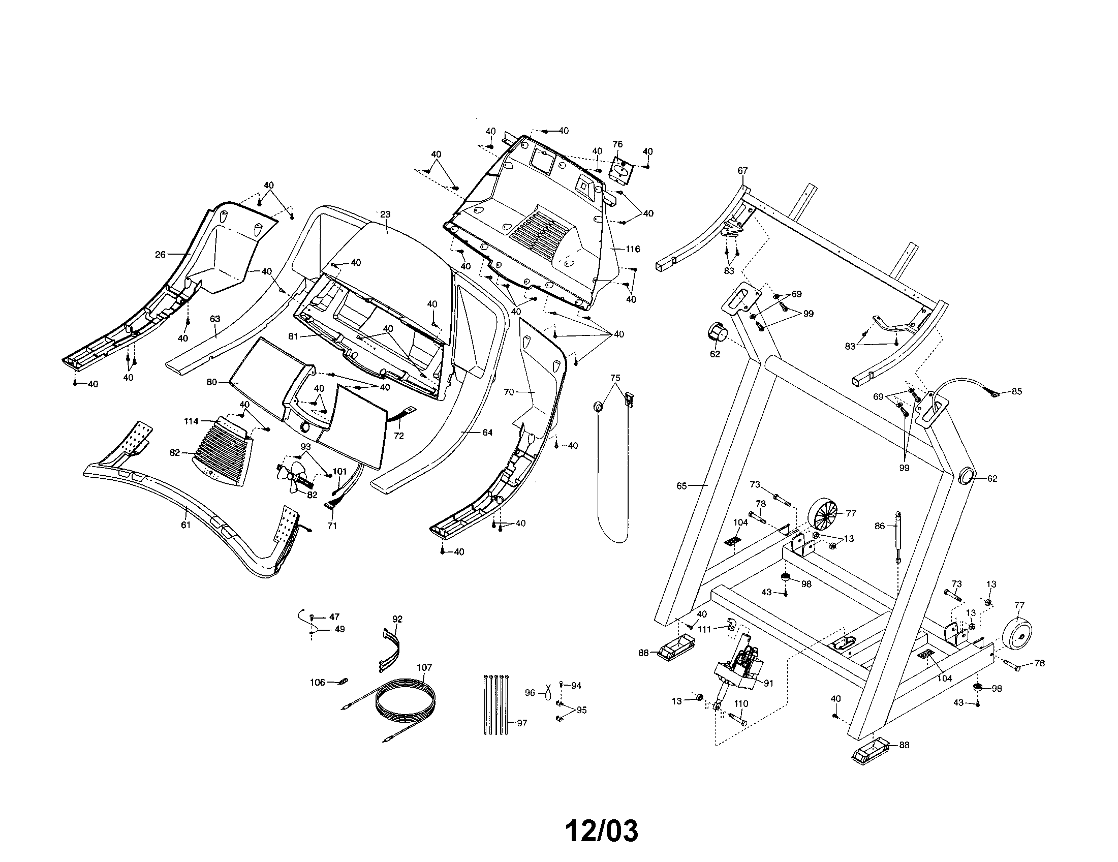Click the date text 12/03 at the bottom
(602, 832)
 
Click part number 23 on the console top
(385, 215)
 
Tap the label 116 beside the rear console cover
(633, 249)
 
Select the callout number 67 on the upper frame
(742, 171)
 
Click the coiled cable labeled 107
(407, 699)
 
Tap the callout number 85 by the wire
(1017, 391)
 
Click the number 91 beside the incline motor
(768, 684)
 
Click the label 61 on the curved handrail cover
(185, 525)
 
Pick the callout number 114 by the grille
(191, 421)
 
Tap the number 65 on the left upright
(681, 486)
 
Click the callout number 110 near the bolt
(741, 704)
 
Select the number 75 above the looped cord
(615, 378)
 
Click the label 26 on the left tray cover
(160, 255)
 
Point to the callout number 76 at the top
(617, 144)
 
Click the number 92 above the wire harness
(397, 619)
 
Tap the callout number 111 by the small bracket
(705, 630)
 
